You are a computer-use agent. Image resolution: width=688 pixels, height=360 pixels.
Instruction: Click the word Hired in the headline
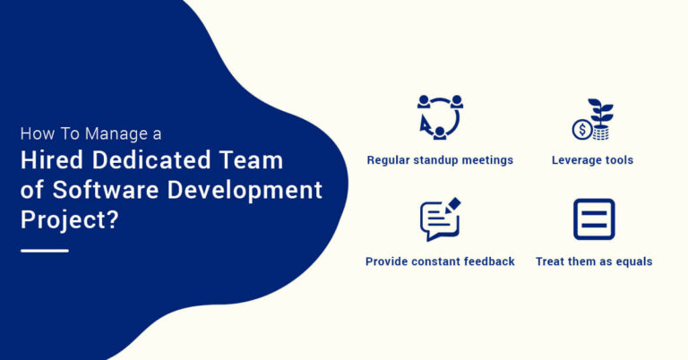(x=54, y=161)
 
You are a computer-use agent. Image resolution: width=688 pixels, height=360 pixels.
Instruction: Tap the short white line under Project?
(x=44, y=251)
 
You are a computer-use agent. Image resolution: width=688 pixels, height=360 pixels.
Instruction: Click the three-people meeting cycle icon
(x=440, y=116)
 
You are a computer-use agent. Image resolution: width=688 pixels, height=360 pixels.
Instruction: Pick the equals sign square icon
(x=594, y=219)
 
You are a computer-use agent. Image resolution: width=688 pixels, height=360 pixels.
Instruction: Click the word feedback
(x=487, y=261)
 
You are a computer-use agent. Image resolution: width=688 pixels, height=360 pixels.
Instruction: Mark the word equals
(x=632, y=261)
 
